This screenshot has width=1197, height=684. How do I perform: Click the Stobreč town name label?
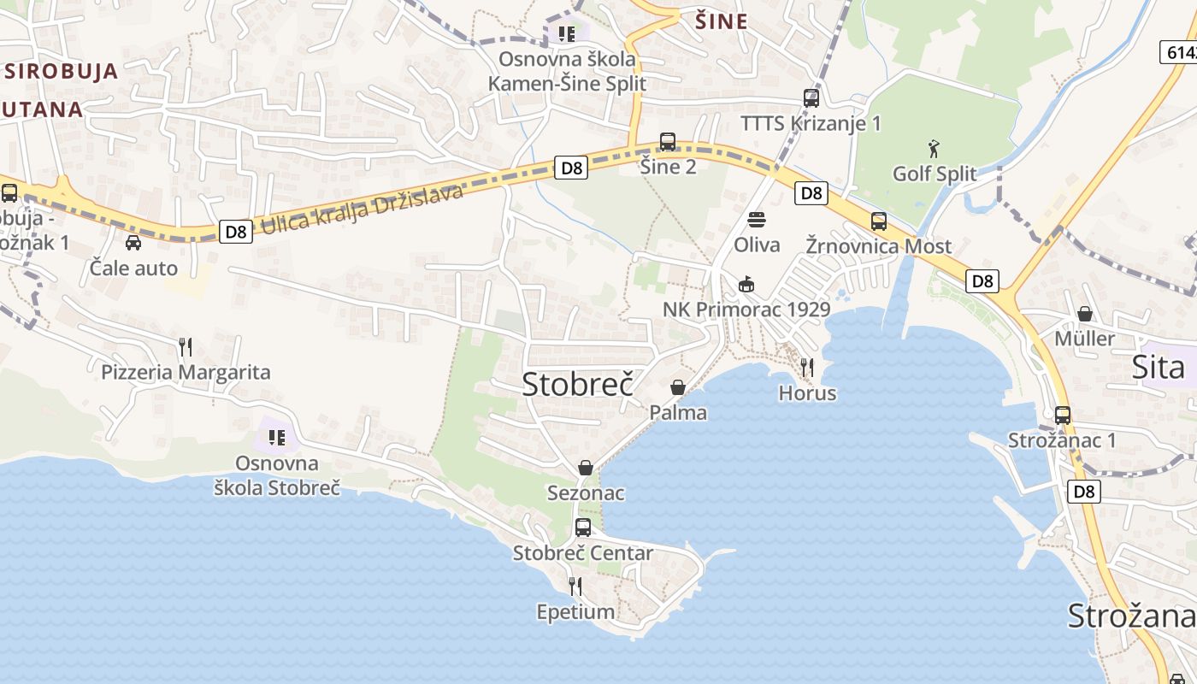[577, 384]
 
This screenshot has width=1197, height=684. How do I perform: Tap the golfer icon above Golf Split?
[934, 150]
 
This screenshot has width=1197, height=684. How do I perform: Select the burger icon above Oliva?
[757, 220]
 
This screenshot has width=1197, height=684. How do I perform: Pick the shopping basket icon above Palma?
[678, 387]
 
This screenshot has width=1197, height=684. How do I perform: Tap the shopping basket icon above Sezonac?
[586, 468]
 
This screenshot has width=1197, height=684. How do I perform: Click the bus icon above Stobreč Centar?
[583, 528]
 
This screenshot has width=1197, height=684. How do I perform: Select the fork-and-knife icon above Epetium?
[575, 587]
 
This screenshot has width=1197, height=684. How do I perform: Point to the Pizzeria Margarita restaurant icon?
[186, 347]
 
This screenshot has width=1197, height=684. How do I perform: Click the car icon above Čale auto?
[133, 243]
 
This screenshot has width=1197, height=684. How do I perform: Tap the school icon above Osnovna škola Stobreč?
[277, 438]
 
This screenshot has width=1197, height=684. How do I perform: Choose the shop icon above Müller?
[1085, 314]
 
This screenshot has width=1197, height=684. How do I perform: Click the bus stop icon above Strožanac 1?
[1063, 416]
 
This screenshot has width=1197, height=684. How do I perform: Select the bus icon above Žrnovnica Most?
[878, 221]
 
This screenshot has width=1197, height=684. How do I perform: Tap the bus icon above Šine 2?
[668, 142]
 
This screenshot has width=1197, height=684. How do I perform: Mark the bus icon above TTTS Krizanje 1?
[811, 98]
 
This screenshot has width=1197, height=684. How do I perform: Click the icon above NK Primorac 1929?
[746, 284]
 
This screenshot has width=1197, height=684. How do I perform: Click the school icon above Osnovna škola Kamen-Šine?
[566, 34]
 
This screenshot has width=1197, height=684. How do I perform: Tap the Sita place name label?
[1158, 367]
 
